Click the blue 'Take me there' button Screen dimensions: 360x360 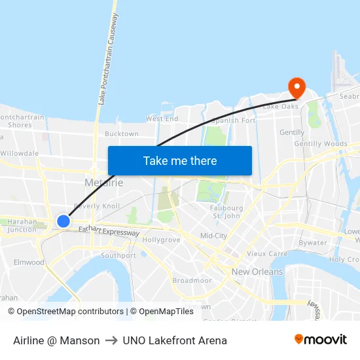click(x=180, y=161)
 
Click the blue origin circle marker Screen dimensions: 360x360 click(x=63, y=221)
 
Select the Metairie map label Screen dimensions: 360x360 click(x=103, y=183)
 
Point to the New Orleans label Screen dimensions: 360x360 click(x=257, y=272)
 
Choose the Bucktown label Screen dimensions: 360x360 click(x=122, y=134)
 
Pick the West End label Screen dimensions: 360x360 click(x=162, y=119)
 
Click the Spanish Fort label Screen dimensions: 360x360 click(x=234, y=121)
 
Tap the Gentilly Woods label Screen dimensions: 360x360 click(x=321, y=143)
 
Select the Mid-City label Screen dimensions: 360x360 click(x=213, y=236)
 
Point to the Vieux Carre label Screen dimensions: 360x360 click(x=267, y=253)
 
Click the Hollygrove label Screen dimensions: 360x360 click(x=161, y=240)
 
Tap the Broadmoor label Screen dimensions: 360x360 click(x=192, y=280)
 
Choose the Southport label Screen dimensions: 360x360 click(x=118, y=255)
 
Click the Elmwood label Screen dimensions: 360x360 click(x=29, y=262)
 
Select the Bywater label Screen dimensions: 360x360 click(x=313, y=243)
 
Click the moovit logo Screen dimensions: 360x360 click(x=320, y=340)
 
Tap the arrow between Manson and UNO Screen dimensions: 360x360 click(x=111, y=340)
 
